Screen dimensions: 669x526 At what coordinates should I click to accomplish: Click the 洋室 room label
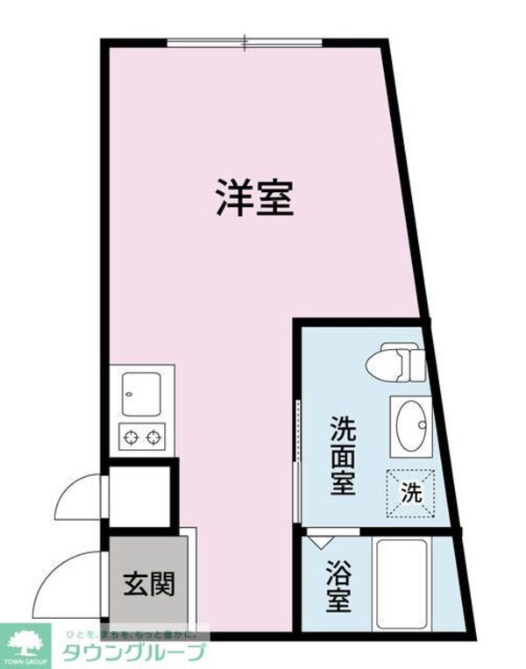point(253,199)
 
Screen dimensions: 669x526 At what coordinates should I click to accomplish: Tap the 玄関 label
point(146,582)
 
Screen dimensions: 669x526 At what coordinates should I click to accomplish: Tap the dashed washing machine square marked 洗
point(410,492)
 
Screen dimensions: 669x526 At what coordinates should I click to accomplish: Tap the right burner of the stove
point(154,435)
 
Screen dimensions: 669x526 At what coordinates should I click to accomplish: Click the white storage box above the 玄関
point(139,495)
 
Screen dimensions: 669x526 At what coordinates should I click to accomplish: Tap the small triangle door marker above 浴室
point(315,542)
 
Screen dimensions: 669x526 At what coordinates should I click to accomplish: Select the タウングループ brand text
point(134,652)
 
